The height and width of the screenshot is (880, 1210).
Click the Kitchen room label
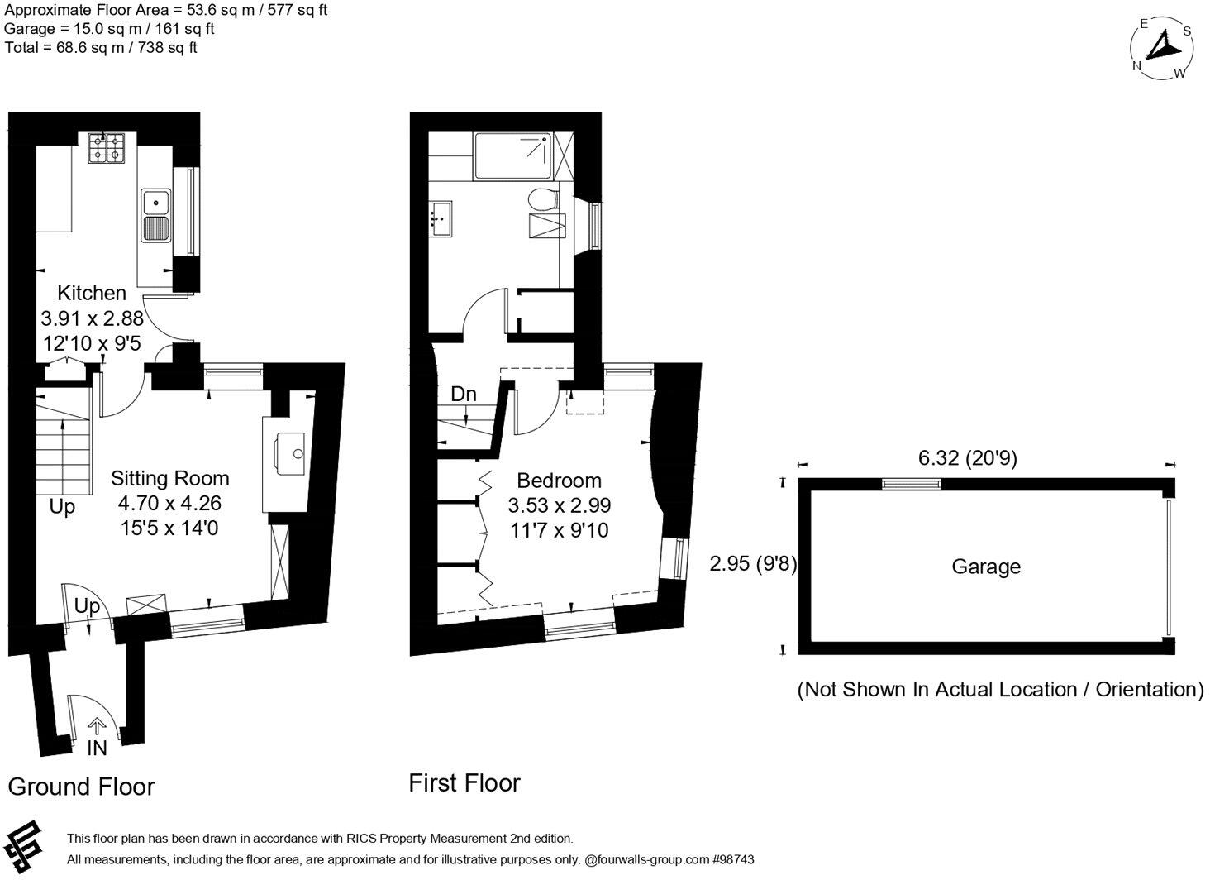click(x=92, y=293)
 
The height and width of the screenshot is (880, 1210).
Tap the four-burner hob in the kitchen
click(x=106, y=147)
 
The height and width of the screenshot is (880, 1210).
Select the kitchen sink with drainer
click(x=155, y=215)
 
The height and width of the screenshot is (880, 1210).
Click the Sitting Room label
click(x=170, y=478)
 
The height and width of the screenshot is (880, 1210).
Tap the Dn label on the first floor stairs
click(x=464, y=395)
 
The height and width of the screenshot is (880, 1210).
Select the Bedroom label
click(x=559, y=481)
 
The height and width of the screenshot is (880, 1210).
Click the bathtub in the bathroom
click(x=512, y=157)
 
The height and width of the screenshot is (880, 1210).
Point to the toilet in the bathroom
click(x=544, y=199)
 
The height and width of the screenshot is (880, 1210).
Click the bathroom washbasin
click(x=441, y=218)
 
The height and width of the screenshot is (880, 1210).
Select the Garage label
click(x=986, y=567)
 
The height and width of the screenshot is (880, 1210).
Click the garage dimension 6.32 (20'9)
click(x=967, y=457)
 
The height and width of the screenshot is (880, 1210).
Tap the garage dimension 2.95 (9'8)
click(x=753, y=564)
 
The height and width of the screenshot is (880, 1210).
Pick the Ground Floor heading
click(x=81, y=787)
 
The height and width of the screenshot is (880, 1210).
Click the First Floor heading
click(x=464, y=783)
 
